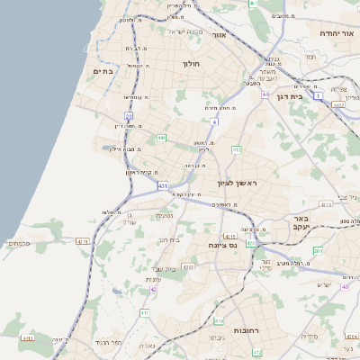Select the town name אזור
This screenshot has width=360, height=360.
coord(218,36)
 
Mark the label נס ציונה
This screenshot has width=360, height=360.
coord(220,245)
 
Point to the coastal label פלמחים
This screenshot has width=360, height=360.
coord(18,243)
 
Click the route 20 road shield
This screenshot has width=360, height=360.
coord(129,115)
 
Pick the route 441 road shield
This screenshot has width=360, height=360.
coord(162,138)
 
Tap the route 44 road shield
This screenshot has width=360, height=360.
coord(265,94)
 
